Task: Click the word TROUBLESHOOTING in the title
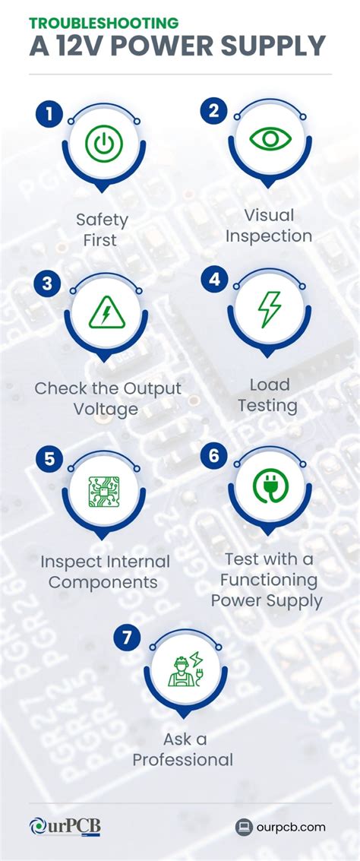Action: (x=105, y=23)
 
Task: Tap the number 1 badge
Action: (x=48, y=114)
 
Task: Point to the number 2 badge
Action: (x=214, y=112)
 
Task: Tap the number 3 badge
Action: (x=48, y=283)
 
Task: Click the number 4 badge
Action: (x=214, y=280)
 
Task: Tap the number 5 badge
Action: (x=49, y=459)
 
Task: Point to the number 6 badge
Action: (x=214, y=455)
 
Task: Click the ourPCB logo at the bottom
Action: (x=65, y=827)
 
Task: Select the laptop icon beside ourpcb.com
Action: (x=244, y=827)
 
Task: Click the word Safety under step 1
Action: (x=102, y=220)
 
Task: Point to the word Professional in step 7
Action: (x=182, y=760)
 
